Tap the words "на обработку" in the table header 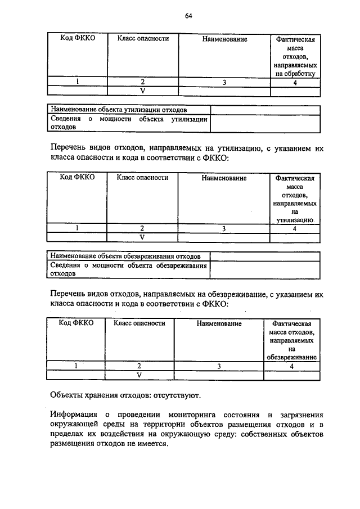tap(295, 73)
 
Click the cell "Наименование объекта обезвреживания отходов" tap(125, 256)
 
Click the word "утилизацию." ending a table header tap(295, 220)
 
